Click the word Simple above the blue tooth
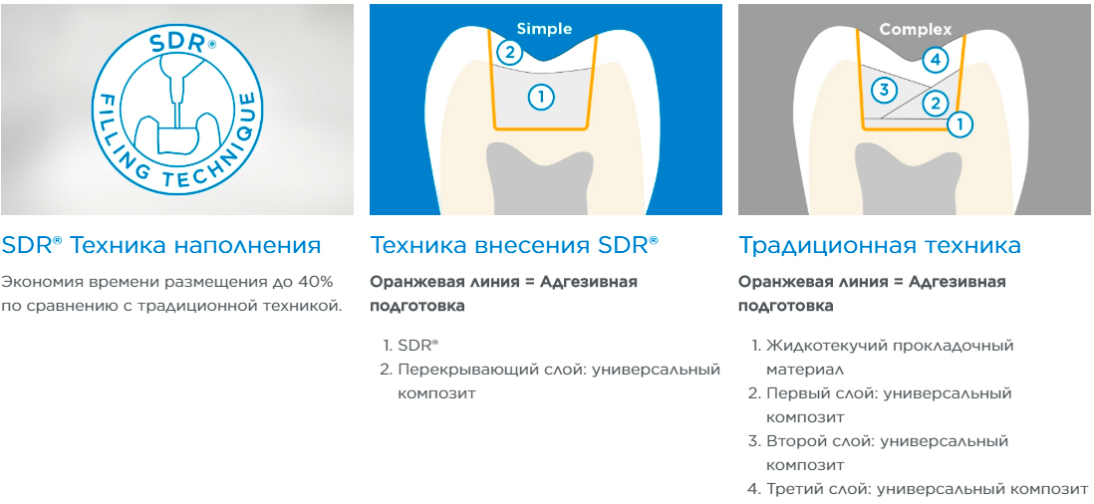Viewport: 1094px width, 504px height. pyautogui.click(x=544, y=29)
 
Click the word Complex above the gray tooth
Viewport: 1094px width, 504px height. pyautogui.click(x=916, y=29)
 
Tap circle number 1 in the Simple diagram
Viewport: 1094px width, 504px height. pyautogui.click(x=541, y=97)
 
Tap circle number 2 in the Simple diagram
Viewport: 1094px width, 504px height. pyautogui.click(x=510, y=52)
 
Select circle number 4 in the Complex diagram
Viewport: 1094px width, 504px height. pyautogui.click(x=936, y=60)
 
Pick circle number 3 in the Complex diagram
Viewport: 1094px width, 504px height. pyautogui.click(x=884, y=90)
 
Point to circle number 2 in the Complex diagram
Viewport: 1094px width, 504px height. pyautogui.click(x=935, y=104)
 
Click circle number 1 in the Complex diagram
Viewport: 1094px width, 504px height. pyautogui.click(x=960, y=125)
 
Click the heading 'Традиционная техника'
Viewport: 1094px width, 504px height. pyautogui.click(x=880, y=245)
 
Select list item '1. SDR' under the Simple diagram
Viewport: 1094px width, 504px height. pyautogui.click(x=409, y=346)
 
